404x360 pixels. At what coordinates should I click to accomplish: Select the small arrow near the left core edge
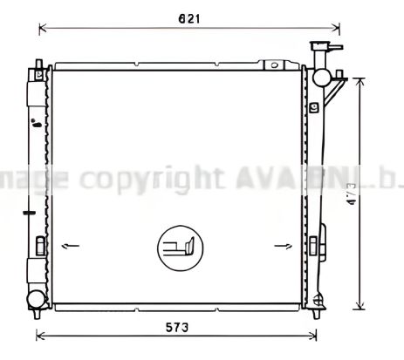[71, 247]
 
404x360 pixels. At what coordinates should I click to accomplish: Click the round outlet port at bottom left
[36, 301]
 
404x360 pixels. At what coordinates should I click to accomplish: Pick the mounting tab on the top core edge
[276, 65]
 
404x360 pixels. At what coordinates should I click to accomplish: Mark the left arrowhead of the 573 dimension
[38, 338]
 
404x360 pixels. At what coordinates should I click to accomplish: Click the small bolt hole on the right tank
[313, 108]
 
